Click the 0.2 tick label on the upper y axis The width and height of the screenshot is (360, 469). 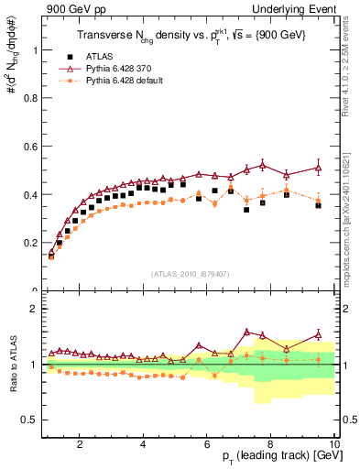coord(27,243)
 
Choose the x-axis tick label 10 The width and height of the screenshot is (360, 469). coord(334,443)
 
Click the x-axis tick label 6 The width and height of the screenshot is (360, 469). coord(207,443)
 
